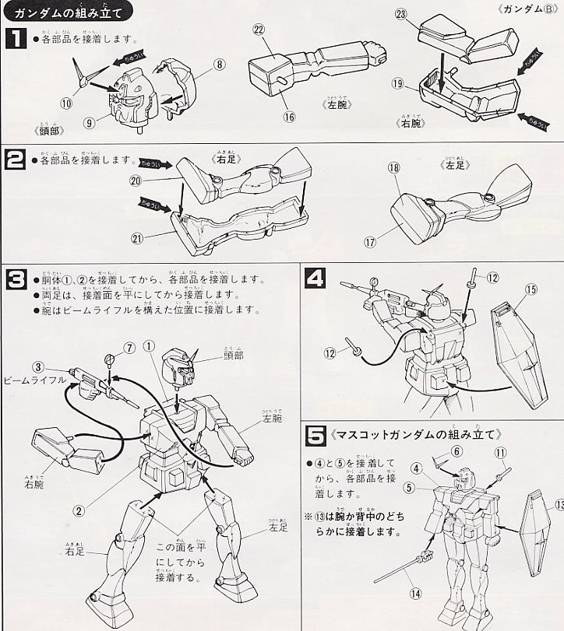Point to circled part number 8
coord(220,65)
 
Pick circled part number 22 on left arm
coord(258,30)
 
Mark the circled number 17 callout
coord(370,242)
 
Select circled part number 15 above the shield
coord(531,291)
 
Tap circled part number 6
coord(457,450)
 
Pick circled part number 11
coord(500,451)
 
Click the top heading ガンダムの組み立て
coord(63,10)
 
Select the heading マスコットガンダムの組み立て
coord(418,433)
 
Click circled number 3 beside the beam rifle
coord(37,367)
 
